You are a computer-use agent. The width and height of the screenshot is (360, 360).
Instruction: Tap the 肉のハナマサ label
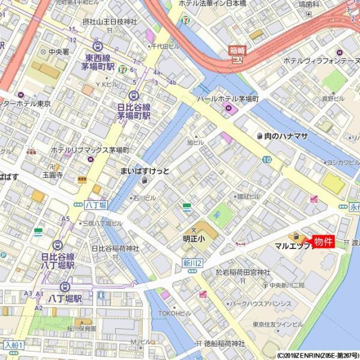pyautogui.click(x=286, y=136)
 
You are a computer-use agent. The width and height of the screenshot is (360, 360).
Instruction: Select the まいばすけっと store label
pyautogui.click(x=145, y=172)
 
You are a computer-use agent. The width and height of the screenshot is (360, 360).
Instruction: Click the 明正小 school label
pyautogui.click(x=193, y=238)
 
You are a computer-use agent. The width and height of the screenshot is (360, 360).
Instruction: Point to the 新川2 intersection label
pyautogui.click(x=193, y=264)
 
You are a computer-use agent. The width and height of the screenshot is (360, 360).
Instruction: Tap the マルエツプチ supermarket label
pyautogui.click(x=292, y=246)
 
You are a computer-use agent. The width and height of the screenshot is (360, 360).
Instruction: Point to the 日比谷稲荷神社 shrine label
pyautogui.click(x=115, y=248)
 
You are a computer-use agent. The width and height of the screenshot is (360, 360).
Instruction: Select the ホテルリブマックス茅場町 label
pyautogui.click(x=90, y=149)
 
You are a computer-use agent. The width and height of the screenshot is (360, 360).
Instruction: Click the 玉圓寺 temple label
pyautogui.click(x=52, y=175)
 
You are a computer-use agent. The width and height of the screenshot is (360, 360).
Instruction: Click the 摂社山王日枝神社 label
pyautogui.click(x=110, y=22)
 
